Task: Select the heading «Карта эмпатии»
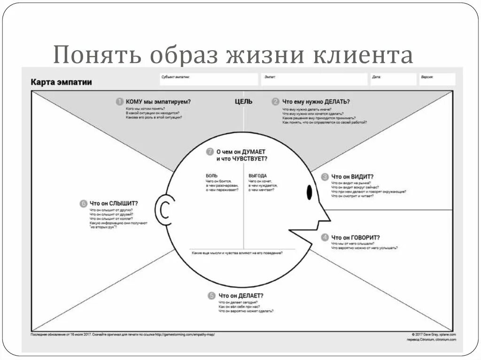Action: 62,82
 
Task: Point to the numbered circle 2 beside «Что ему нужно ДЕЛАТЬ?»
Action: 276,101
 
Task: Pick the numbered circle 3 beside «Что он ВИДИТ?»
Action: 325,177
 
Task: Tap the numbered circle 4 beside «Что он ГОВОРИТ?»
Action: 325,237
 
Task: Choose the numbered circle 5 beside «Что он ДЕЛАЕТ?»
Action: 212,296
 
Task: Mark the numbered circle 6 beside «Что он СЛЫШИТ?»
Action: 83,203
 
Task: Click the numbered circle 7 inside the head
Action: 210,152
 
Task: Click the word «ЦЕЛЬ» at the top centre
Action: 243,101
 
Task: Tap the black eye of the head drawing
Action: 310,192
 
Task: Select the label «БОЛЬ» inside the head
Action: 211,176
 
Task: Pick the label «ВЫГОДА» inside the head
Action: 257,176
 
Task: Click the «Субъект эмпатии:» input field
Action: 209,79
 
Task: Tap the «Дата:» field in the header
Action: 392,79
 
